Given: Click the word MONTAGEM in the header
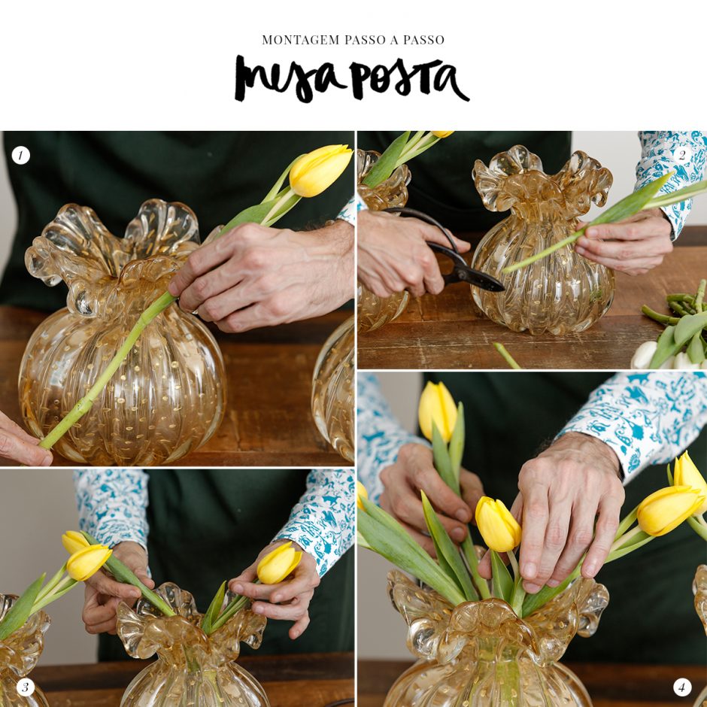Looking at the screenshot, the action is point(301,40).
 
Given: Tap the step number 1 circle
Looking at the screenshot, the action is point(21,156).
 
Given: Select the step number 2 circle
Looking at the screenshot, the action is point(681,155).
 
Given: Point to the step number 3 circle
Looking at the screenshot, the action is point(26,687).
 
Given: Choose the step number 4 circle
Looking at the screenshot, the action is point(681,687).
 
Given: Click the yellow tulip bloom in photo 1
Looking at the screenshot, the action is point(320,170).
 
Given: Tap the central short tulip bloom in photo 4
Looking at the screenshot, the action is point(497,524).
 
